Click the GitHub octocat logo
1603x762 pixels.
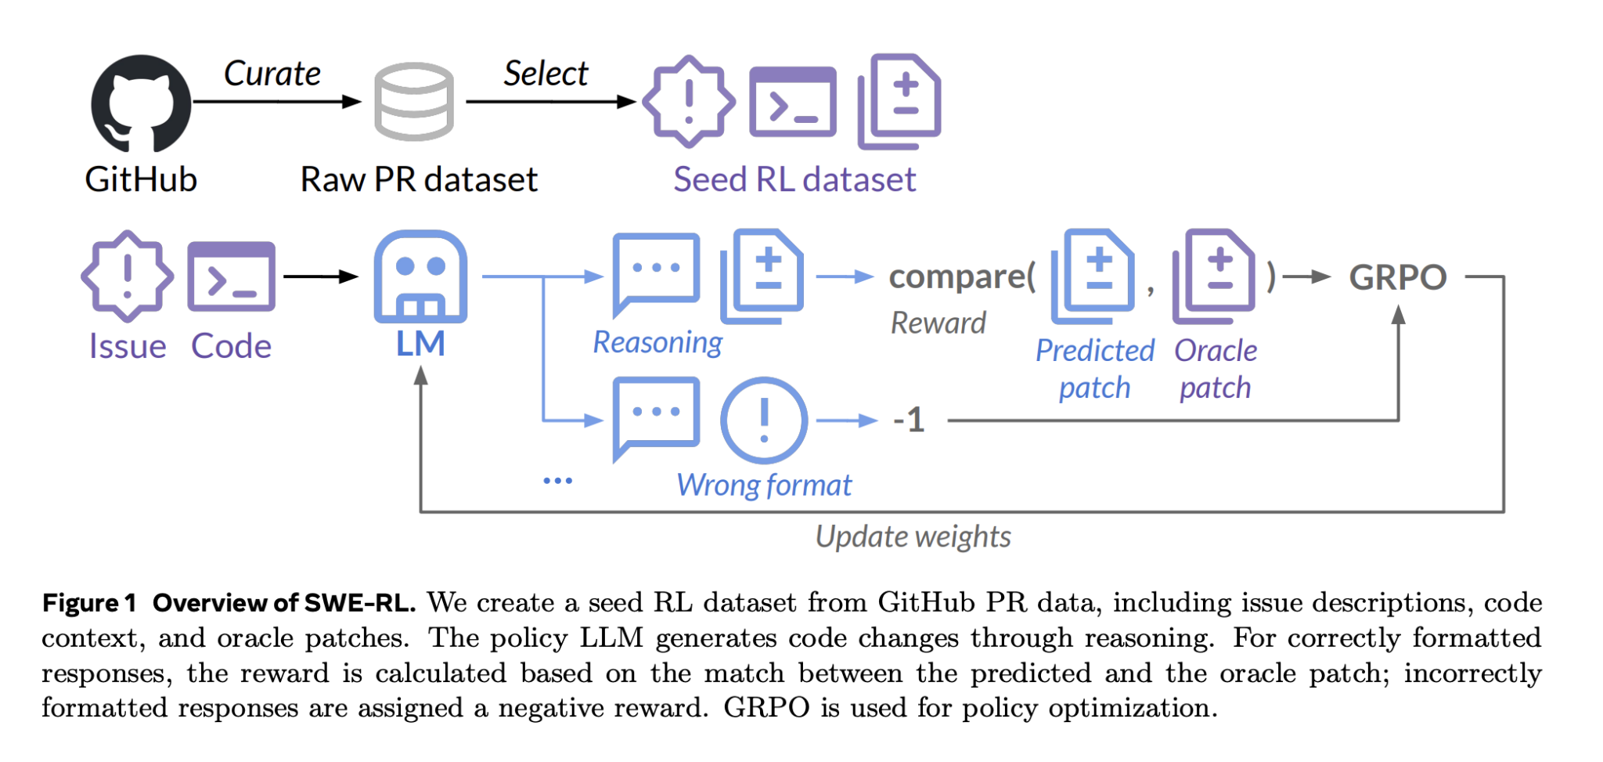tap(141, 103)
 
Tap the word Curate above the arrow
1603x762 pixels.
tap(272, 74)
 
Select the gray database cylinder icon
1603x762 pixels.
tap(413, 102)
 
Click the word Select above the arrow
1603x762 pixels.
tap(545, 74)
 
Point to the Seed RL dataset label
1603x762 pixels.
tap(794, 179)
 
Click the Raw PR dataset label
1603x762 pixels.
tap(419, 179)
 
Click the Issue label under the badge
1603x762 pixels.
tap(127, 346)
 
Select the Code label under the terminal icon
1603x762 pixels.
tap(231, 346)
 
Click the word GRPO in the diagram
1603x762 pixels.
tap(1397, 277)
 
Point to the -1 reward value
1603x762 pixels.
tap(909, 421)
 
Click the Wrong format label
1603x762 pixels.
tap(763, 486)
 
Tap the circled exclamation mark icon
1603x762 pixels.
tap(763, 421)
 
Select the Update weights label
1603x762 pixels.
tap(913, 537)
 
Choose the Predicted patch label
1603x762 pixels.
tap(1094, 369)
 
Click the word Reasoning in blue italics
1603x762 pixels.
tap(657, 342)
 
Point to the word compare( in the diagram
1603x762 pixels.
tap(962, 277)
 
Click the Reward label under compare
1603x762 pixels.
tap(938, 323)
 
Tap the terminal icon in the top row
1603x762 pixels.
tap(792, 102)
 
